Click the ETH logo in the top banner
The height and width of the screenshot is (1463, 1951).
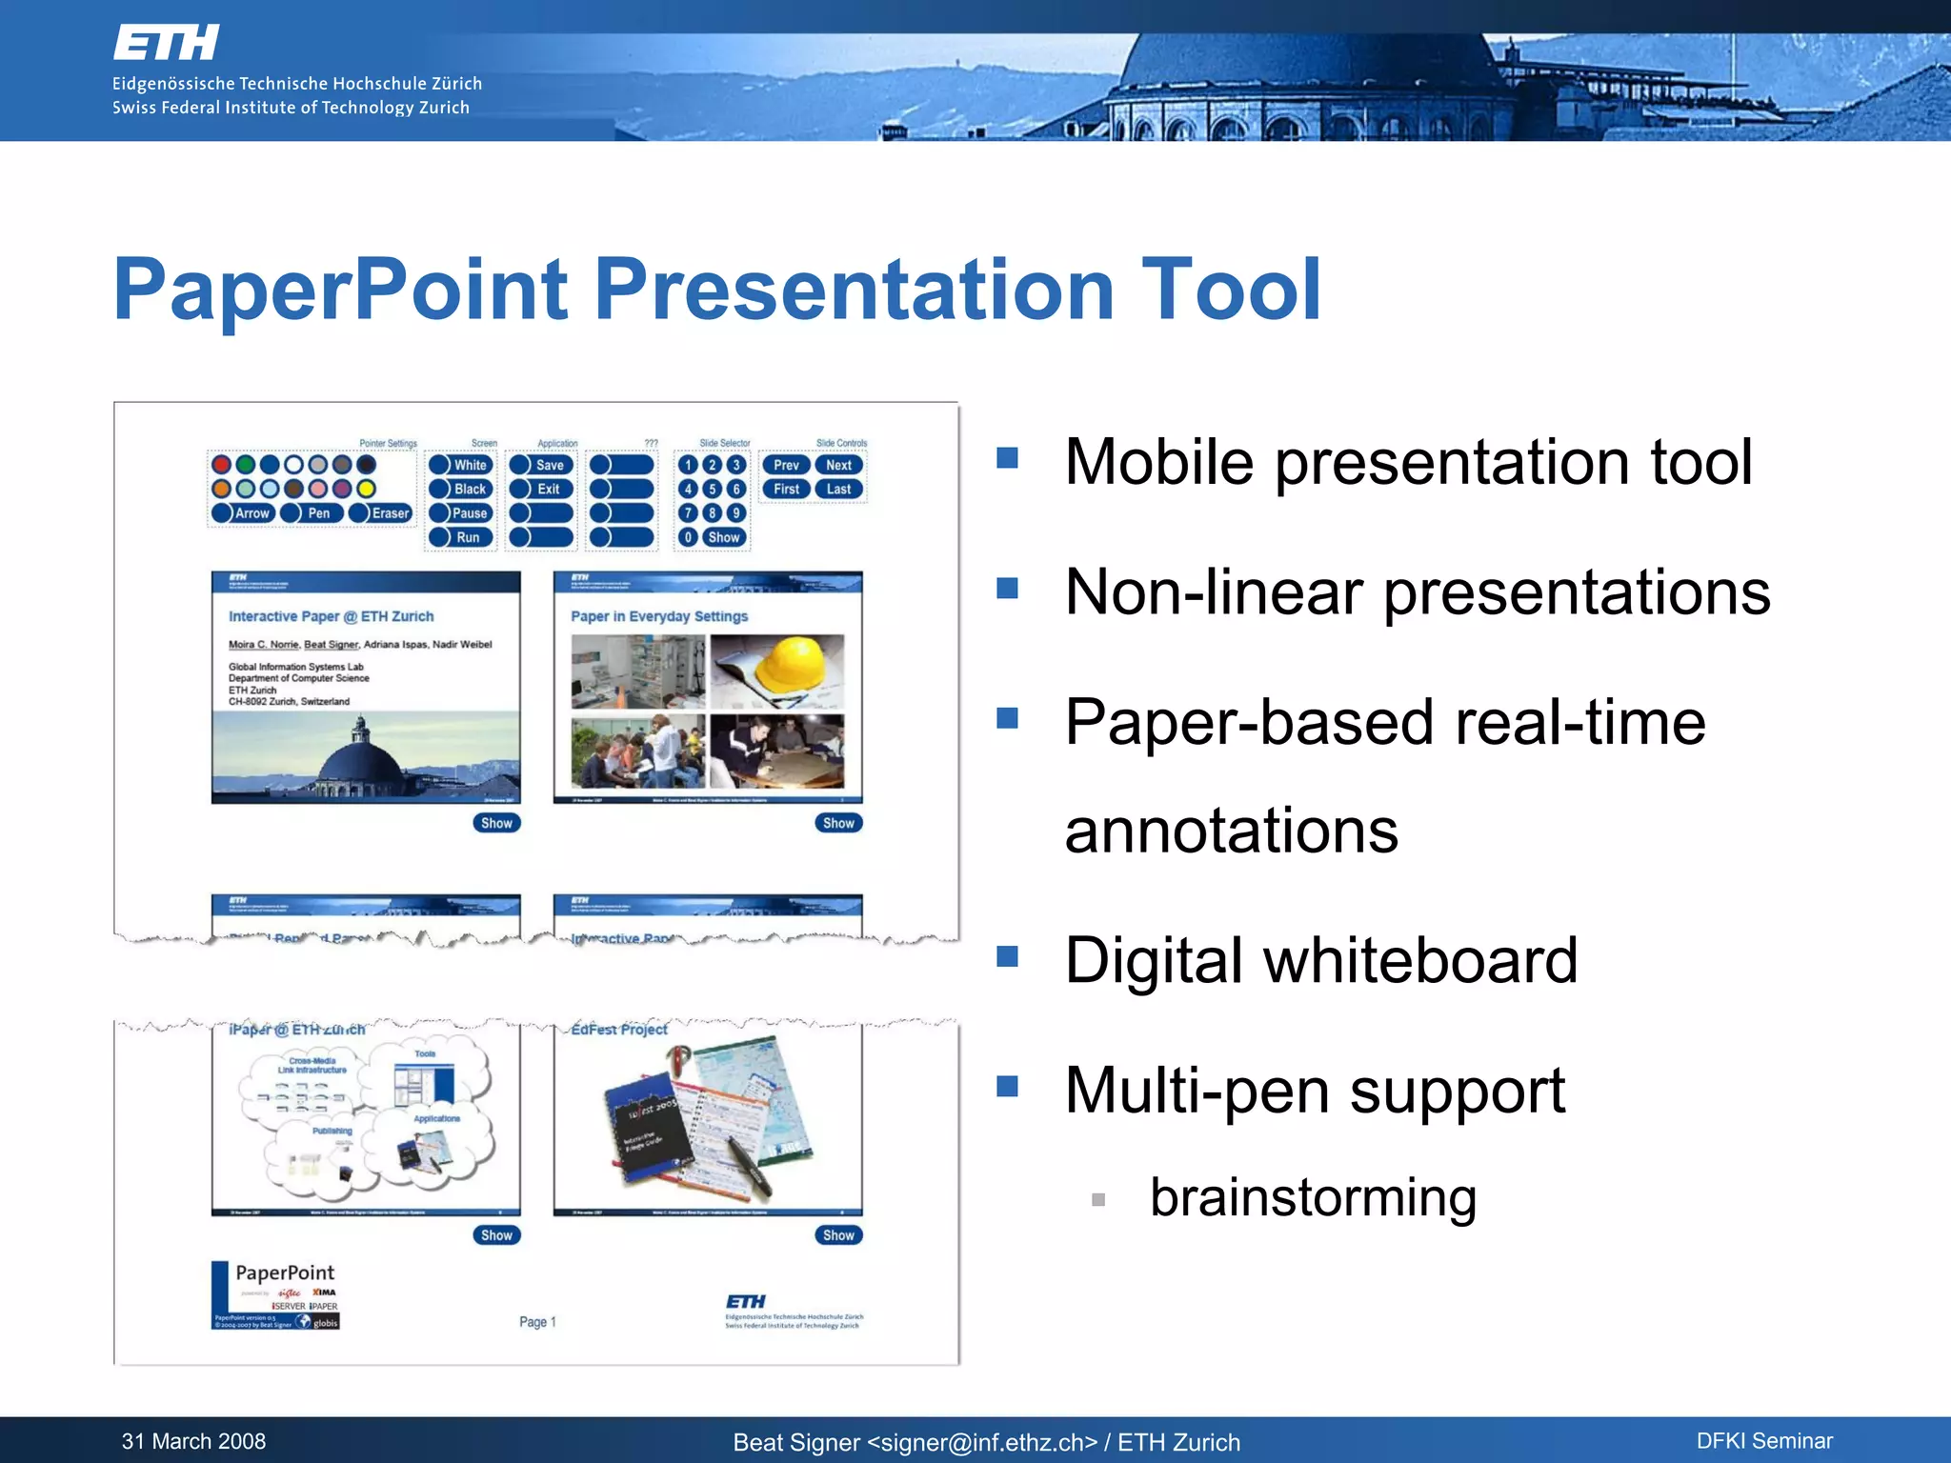click(x=166, y=43)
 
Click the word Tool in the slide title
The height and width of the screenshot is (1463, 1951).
click(x=1230, y=290)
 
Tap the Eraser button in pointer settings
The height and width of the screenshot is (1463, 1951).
click(x=381, y=513)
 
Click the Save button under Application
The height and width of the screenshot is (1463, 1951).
click(x=541, y=465)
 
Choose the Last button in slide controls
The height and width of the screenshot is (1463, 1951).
click(x=838, y=490)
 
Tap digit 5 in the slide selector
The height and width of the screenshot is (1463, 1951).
click(x=712, y=490)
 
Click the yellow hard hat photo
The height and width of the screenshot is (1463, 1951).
click(x=777, y=671)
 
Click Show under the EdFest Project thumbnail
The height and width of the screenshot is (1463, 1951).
click(x=838, y=1235)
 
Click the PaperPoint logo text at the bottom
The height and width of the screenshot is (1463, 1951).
click(x=285, y=1273)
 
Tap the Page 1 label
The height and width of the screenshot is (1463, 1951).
click(x=537, y=1322)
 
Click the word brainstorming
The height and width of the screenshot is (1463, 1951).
click(x=1313, y=1197)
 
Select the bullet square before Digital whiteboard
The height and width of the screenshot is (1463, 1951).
click(x=1007, y=956)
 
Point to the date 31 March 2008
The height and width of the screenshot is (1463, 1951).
click(x=193, y=1441)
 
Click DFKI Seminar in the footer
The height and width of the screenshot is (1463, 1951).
click(x=1764, y=1441)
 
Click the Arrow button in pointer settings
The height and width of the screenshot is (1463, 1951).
click(x=243, y=513)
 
